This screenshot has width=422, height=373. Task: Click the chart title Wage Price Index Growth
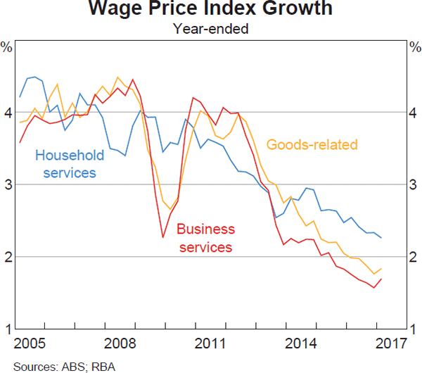pyautogui.click(x=211, y=11)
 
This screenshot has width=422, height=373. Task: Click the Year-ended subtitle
pyautogui.click(x=211, y=29)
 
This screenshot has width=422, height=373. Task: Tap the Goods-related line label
pyautogui.click(x=312, y=145)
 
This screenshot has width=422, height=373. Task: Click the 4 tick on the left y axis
pyautogui.click(x=6, y=113)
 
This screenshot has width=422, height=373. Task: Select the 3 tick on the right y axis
pyautogui.click(x=415, y=184)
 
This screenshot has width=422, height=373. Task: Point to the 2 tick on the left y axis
pyautogui.click(x=6, y=257)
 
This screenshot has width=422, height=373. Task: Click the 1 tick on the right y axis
pyautogui.click(x=415, y=329)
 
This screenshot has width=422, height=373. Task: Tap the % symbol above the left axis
pyautogui.click(x=6, y=48)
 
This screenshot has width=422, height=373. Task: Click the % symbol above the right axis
pyautogui.click(x=415, y=48)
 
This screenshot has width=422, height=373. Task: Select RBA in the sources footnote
pyautogui.click(x=87, y=365)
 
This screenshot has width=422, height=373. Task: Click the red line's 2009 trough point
pyautogui.click(x=162, y=237)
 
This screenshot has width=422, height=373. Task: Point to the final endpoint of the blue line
pyautogui.click(x=381, y=238)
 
